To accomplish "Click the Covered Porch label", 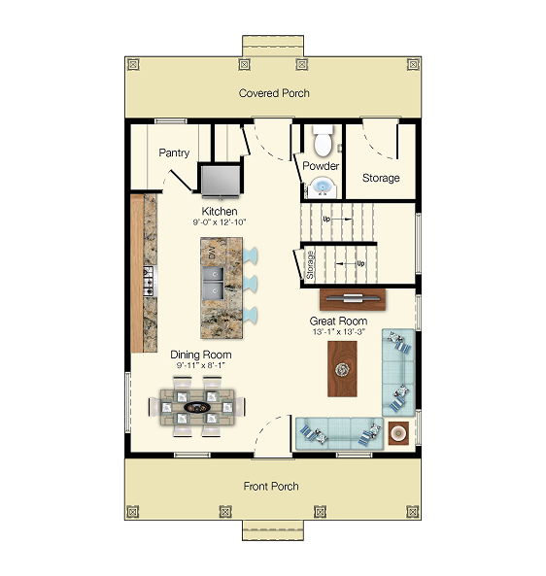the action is click(274, 93).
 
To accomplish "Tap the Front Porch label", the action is click(271, 487).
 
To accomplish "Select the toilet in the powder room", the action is click(323, 141).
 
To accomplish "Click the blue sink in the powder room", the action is click(323, 186).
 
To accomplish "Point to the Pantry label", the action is click(174, 152).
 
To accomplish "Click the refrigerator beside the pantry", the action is click(221, 180).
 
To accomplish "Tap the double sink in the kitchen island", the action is click(213, 284).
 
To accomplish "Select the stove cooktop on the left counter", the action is click(149, 282).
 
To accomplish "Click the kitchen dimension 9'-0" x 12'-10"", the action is click(220, 222).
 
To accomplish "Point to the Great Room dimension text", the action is click(338, 332).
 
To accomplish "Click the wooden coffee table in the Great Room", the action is click(342, 369).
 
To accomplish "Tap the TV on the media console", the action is click(353, 298).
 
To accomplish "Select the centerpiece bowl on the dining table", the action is click(197, 407).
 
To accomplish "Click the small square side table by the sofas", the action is click(398, 433).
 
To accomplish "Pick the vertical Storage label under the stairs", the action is click(310, 265).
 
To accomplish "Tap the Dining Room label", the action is click(200, 355).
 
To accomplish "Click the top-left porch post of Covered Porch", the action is click(133, 65).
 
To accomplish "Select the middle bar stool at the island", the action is click(251, 284).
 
